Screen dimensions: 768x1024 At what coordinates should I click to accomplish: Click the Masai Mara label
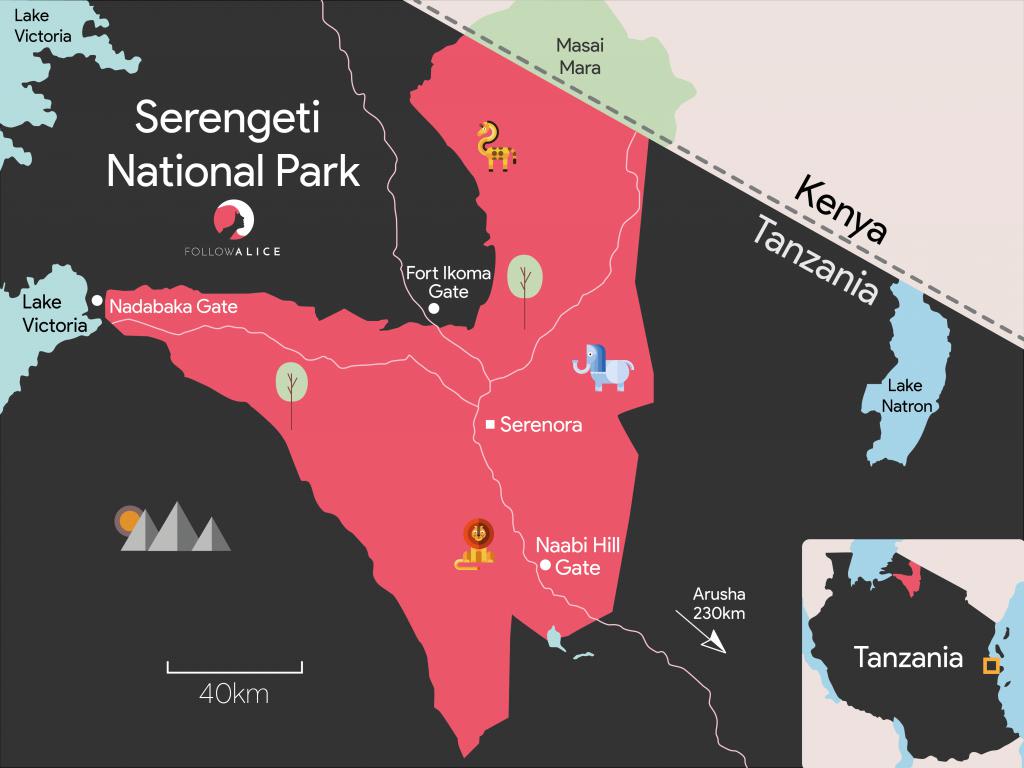pos(580,56)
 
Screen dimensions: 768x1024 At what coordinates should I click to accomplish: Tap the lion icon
pos(477,545)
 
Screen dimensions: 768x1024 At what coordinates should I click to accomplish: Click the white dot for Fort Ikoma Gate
pos(434,309)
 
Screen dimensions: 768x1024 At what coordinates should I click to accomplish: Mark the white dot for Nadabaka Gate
pos(97,300)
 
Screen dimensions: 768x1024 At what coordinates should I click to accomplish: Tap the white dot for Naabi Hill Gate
pos(545,566)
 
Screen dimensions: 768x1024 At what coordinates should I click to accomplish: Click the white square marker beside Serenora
pos(490,425)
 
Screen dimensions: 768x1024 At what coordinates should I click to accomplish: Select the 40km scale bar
pos(234,667)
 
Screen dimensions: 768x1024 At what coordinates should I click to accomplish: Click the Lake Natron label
pos(907,396)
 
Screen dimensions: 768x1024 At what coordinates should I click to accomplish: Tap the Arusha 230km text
pos(719,603)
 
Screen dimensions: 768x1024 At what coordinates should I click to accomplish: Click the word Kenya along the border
pos(841,209)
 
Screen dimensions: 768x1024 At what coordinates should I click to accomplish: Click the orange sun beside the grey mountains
pos(128,519)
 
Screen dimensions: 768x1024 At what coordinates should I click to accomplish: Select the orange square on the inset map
pos(991,665)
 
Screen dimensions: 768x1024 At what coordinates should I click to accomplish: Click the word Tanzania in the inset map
pos(908,657)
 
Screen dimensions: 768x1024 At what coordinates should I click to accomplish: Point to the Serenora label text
pos(541,425)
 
